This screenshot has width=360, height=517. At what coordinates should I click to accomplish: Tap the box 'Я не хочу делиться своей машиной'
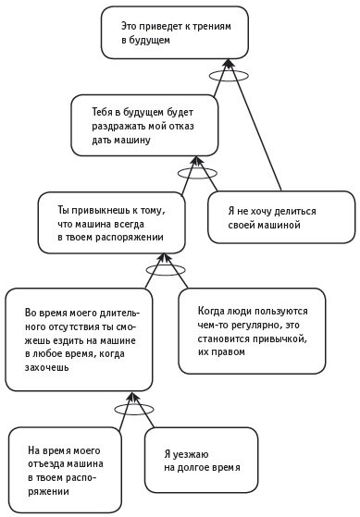[280, 216]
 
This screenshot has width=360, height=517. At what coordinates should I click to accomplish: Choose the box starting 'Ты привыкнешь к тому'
[114, 223]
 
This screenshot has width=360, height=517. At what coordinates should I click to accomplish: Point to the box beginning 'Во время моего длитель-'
[79, 339]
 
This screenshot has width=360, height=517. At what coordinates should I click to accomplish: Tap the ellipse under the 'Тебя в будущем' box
[197, 171]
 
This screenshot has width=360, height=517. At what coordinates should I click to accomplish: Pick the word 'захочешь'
[52, 366]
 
